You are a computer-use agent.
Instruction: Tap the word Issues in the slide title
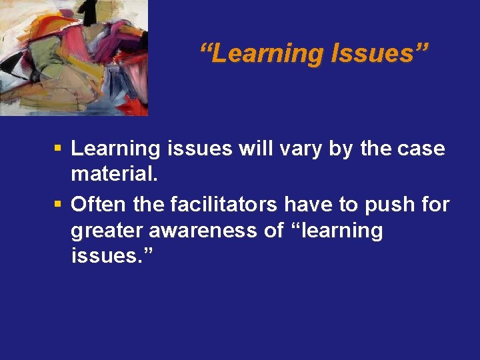pyautogui.click(x=378, y=53)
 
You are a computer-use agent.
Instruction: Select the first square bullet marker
pyautogui.click(x=59, y=149)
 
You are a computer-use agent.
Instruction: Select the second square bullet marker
pyautogui.click(x=59, y=204)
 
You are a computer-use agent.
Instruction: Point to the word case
pyautogui.click(x=421, y=149)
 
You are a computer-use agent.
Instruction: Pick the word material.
pyautogui.click(x=115, y=175)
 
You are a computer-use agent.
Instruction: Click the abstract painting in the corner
pyautogui.click(x=73, y=57)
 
